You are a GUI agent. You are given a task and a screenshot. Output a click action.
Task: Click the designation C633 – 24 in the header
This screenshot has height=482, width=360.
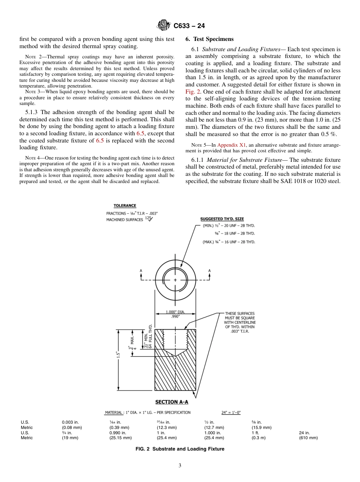[x=189, y=26]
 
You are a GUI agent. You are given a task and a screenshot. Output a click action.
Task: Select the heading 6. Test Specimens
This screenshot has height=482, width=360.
[x=210, y=39]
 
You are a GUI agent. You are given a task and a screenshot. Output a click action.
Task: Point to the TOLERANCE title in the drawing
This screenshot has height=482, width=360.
[x=125, y=206]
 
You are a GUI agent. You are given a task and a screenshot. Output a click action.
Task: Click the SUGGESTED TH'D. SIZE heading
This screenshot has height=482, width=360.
[x=222, y=219]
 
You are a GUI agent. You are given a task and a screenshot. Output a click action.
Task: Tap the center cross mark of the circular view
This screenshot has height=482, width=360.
[x=175, y=280]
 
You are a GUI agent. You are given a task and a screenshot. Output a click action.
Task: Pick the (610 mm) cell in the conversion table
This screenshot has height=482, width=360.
[x=308, y=438]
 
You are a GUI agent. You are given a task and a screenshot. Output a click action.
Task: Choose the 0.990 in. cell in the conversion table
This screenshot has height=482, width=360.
[x=118, y=433]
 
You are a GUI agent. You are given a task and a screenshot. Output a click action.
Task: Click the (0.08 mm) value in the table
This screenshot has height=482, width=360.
[x=72, y=427]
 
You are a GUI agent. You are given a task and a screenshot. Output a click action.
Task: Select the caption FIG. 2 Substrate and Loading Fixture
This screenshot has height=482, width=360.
[x=180, y=449]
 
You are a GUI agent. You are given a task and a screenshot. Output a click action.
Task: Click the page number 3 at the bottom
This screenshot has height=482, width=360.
[x=180, y=466]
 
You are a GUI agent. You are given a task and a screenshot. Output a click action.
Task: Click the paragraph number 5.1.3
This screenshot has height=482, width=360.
[x=33, y=113]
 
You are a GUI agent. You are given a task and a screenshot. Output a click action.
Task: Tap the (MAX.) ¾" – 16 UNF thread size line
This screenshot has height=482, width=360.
[x=229, y=242]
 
